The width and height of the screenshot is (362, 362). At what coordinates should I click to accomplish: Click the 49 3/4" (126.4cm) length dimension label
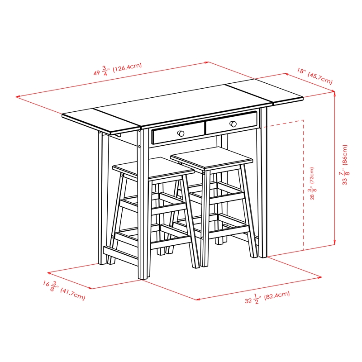118,69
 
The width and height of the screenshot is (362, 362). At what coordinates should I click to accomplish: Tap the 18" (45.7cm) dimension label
315,76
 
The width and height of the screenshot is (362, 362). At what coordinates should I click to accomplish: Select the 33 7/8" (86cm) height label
344,165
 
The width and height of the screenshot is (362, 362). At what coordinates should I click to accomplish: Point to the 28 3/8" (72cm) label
312,183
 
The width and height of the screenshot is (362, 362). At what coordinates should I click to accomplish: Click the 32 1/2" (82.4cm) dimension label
267,298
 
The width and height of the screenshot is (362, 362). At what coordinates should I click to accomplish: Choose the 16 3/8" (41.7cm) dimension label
64,290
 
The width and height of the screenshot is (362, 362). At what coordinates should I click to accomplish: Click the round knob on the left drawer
181,133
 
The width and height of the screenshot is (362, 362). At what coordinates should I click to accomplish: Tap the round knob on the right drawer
233,124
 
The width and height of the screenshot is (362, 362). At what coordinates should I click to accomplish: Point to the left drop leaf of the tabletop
101,120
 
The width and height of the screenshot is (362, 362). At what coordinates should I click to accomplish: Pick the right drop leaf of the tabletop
265,93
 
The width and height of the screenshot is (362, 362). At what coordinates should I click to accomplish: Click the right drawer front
231,123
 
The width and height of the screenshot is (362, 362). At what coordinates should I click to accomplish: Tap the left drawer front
178,133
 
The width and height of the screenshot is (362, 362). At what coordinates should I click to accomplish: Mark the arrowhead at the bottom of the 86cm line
334,243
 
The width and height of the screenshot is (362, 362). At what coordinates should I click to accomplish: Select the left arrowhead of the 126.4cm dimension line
18,97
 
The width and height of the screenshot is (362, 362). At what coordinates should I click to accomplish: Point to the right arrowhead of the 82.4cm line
319,277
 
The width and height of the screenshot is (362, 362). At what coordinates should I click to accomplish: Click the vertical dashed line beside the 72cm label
303,185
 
